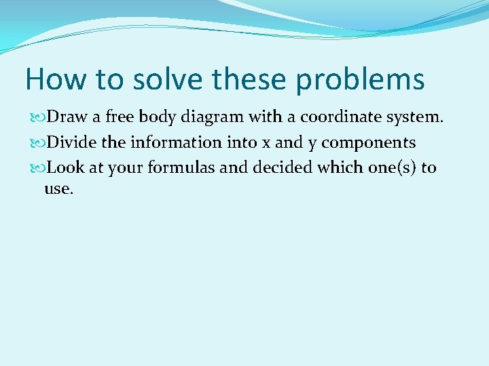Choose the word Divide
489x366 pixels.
tap(73, 142)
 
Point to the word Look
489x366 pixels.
tap(66, 167)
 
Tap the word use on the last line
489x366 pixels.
tap(58, 189)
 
